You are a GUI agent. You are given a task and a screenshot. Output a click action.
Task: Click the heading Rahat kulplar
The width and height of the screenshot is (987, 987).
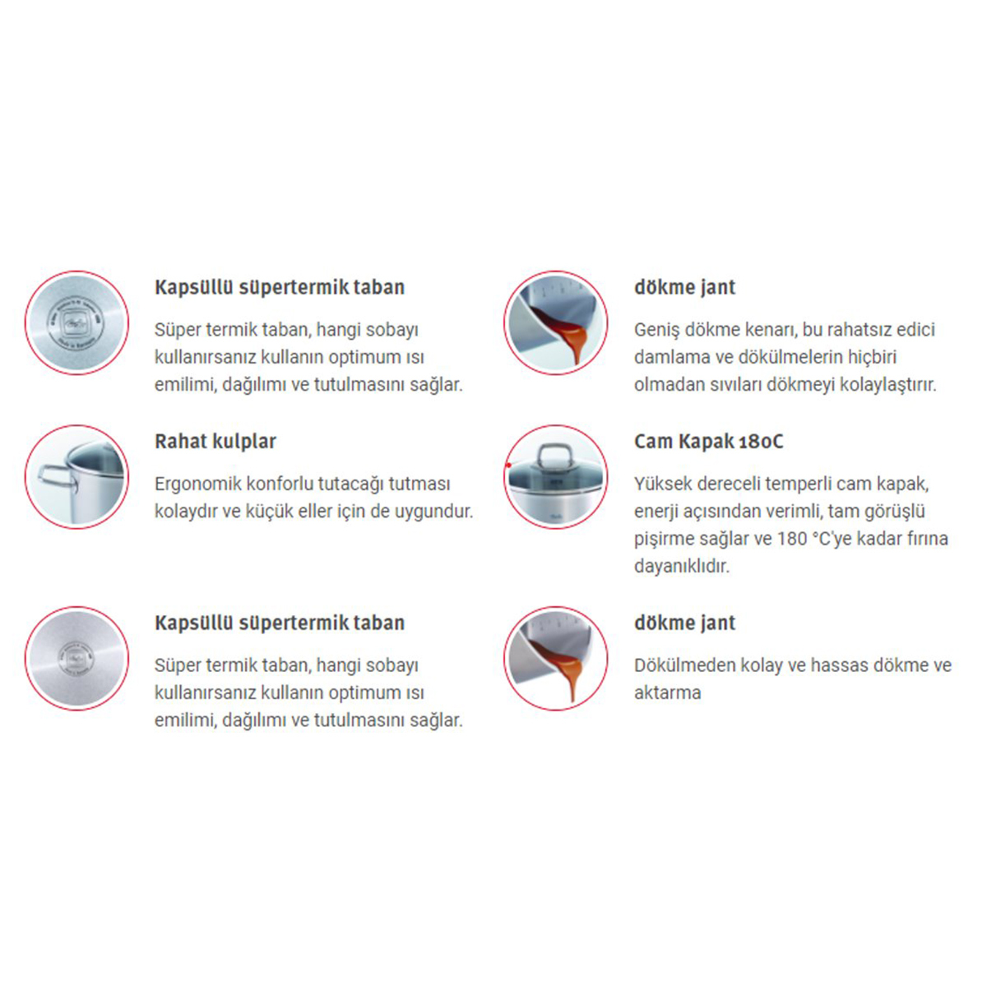tap(215, 441)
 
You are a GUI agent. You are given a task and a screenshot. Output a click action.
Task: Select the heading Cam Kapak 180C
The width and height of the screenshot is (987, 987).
tap(709, 441)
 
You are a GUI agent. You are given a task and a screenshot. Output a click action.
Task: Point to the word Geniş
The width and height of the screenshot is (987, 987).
tap(656, 330)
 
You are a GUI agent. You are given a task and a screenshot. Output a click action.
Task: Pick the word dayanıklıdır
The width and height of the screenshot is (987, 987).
tap(682, 566)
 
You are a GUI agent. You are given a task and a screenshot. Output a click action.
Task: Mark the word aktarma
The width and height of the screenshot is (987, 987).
tap(667, 693)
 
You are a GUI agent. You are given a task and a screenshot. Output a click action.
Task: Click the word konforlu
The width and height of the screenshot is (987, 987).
tap(285, 484)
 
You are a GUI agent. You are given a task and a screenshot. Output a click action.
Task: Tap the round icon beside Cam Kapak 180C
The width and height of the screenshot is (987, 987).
tap(556, 477)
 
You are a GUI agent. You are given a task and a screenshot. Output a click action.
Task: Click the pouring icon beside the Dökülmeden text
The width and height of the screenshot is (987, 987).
tap(556, 659)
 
